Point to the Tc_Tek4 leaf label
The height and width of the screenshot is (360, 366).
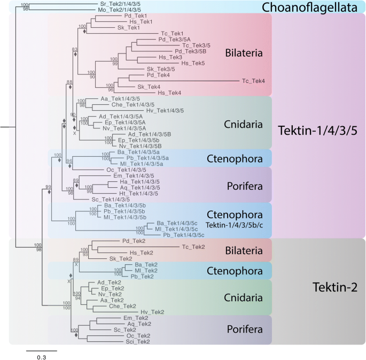[x=254, y=81]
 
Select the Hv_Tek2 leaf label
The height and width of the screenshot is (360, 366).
[x=152, y=311]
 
